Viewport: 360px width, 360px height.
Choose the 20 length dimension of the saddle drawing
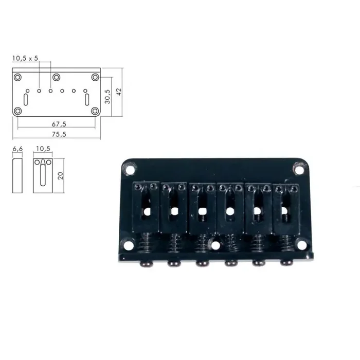click(x=61, y=175)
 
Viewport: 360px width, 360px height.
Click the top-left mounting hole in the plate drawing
click(x=18, y=77)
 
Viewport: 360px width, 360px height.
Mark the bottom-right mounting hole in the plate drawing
click(x=95, y=111)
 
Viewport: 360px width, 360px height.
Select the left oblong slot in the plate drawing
click(x=27, y=97)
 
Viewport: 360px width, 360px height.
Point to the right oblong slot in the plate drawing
click(x=87, y=97)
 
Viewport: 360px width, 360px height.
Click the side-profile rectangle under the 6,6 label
click(x=18, y=175)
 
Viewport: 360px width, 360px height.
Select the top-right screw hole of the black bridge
click(x=299, y=167)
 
